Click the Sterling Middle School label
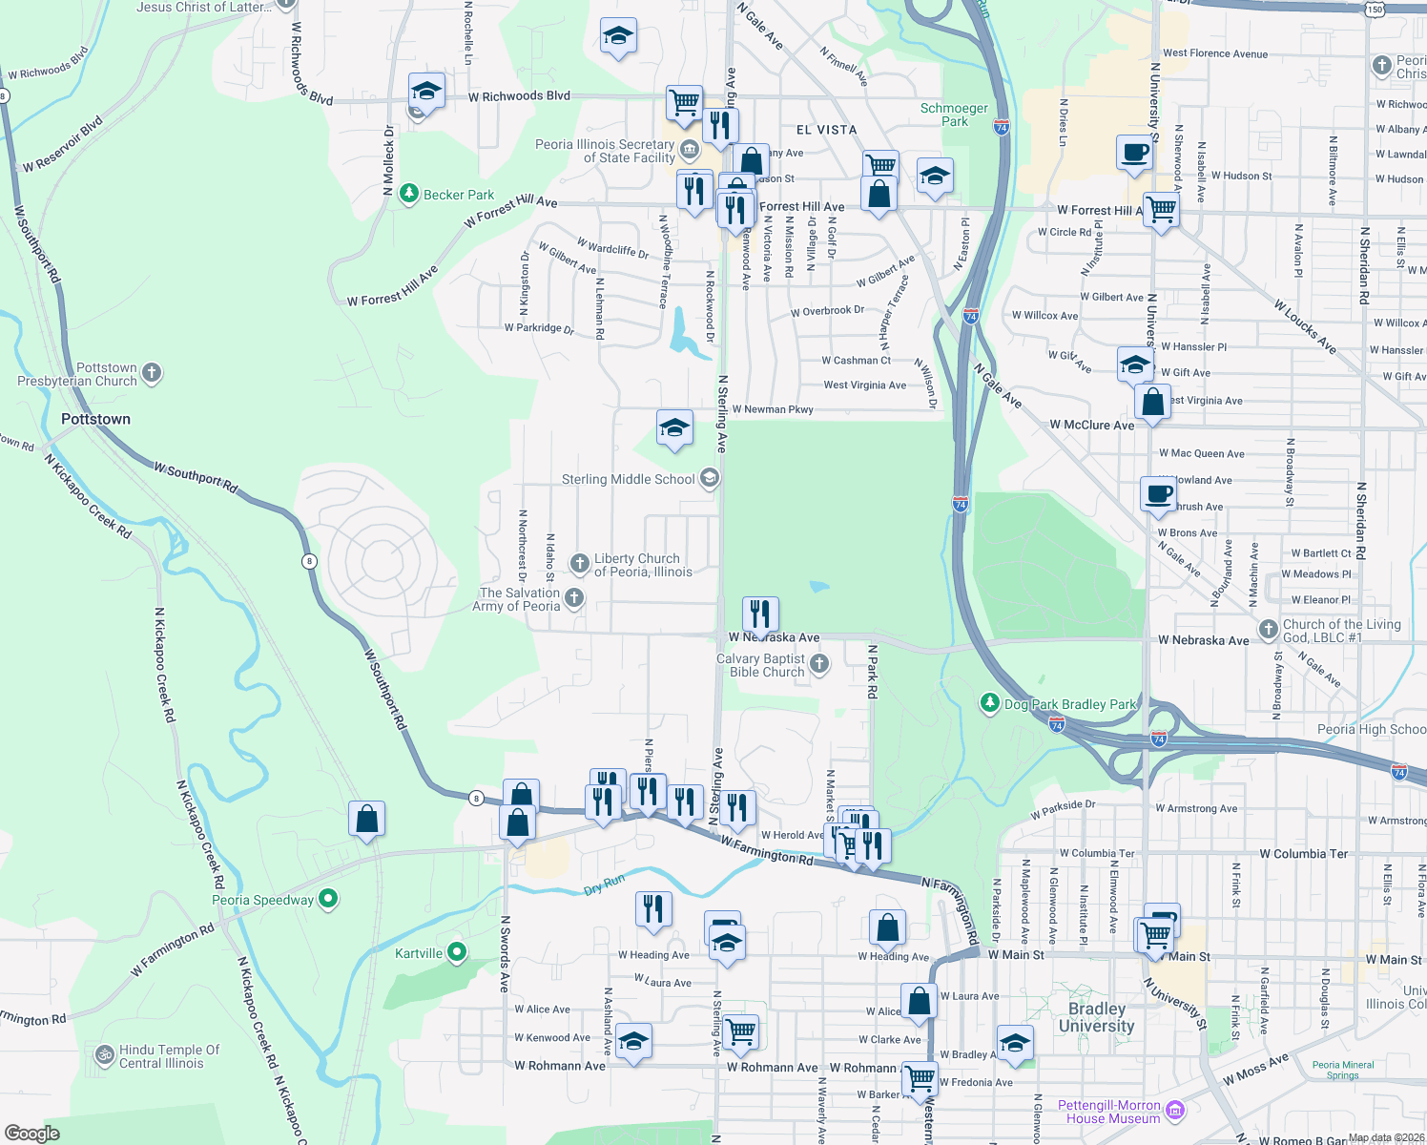[628, 479]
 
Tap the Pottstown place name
[95, 419]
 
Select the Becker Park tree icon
[409, 195]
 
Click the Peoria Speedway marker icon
[329, 899]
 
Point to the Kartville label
[419, 953]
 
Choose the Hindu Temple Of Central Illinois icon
[104, 1055]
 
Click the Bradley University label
[1096, 1017]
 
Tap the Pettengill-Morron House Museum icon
[1175, 1110]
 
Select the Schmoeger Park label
[954, 114]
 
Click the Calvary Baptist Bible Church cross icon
[819, 664]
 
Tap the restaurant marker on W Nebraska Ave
[760, 614]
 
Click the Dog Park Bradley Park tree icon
[990, 703]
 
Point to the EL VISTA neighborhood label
[826, 130]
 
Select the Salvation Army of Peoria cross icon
[573, 598]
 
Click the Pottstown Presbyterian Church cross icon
[152, 373]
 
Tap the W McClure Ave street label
[1092, 425]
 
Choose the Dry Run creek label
[604, 885]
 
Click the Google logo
[32, 1133]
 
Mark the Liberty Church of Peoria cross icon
[579, 564]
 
